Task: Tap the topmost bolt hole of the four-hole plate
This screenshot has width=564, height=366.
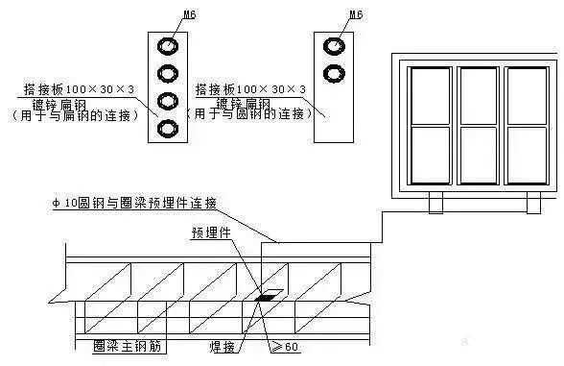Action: [x=169, y=45]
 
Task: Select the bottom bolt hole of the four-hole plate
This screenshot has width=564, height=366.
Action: [x=169, y=128]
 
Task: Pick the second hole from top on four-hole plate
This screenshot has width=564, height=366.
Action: [x=169, y=73]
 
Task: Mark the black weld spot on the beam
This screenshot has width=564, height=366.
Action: [x=262, y=298]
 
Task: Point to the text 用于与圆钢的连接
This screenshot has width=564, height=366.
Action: [x=251, y=114]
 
